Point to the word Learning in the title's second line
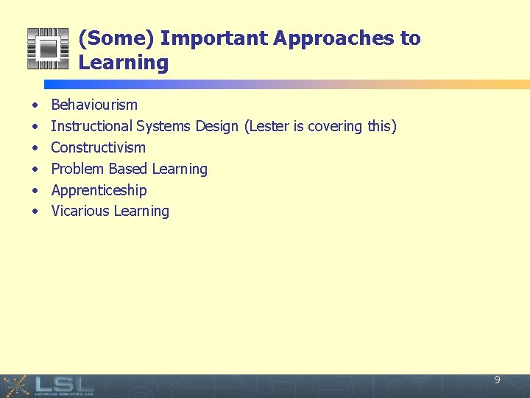[x=123, y=63]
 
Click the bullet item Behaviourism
[x=93, y=105]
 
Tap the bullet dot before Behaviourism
[x=35, y=105]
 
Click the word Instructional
[x=91, y=126]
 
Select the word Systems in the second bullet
[x=163, y=126]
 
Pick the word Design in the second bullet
[x=216, y=126]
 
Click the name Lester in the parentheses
[x=269, y=126]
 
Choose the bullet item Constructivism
[x=98, y=147]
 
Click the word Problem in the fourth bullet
[x=77, y=169]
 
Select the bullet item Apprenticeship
[x=99, y=190]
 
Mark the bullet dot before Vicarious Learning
[x=35, y=212]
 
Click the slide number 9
[x=497, y=380]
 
